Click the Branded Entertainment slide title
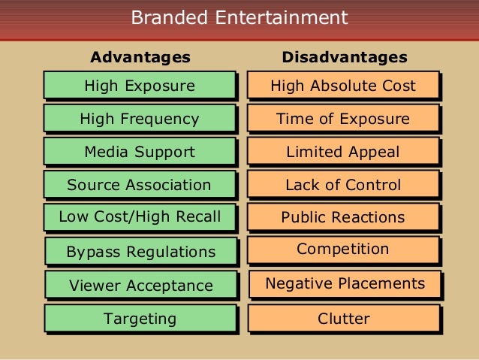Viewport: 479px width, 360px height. pyautogui.click(x=239, y=17)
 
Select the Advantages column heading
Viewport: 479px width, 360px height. pyautogui.click(x=140, y=57)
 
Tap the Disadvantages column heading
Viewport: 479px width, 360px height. pyautogui.click(x=345, y=57)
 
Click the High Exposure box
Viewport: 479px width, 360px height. pyautogui.click(x=140, y=86)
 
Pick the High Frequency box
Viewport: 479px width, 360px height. pyautogui.click(x=140, y=119)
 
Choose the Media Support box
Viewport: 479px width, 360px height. pyautogui.click(x=140, y=152)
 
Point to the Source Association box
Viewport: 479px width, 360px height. pyautogui.click(x=140, y=185)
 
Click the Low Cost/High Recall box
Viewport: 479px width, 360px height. pyautogui.click(x=140, y=217)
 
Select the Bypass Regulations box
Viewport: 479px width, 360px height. pyautogui.click(x=141, y=252)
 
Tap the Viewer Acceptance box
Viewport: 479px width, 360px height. pyautogui.click(x=141, y=286)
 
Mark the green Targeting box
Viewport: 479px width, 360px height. pyautogui.click(x=141, y=319)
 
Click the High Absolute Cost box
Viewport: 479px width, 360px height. pyautogui.click(x=343, y=86)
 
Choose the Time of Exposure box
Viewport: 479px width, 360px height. pyautogui.click(x=343, y=119)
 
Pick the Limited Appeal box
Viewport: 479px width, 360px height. pyautogui.click(x=343, y=152)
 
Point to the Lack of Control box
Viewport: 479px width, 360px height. pyautogui.click(x=343, y=185)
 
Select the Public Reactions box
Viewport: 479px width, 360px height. pyautogui.click(x=343, y=218)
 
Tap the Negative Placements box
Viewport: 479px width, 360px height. pyautogui.click(x=345, y=283)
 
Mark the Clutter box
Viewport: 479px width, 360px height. pyautogui.click(x=344, y=319)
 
